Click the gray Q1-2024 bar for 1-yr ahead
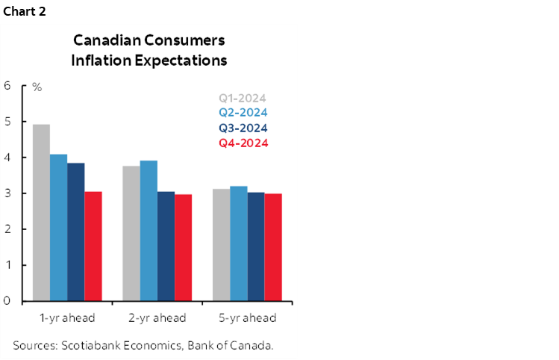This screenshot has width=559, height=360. pyautogui.click(x=41, y=213)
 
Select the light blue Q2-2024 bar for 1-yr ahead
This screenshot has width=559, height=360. pyautogui.click(x=58, y=228)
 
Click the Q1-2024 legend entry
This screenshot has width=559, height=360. pyautogui.click(x=243, y=98)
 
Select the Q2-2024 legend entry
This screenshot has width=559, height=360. pyautogui.click(x=243, y=113)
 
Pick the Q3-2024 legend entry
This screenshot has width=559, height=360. pyautogui.click(x=243, y=128)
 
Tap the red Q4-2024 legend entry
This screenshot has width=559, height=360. pyautogui.click(x=243, y=143)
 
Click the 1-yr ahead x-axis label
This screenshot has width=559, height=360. pyautogui.click(x=67, y=318)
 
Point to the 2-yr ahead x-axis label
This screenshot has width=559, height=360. pyautogui.click(x=157, y=318)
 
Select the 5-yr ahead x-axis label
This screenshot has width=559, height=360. pyautogui.click(x=247, y=318)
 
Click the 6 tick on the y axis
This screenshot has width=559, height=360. pyautogui.click(x=7, y=85)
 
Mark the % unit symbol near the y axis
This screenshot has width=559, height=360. pyautogui.click(x=37, y=87)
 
